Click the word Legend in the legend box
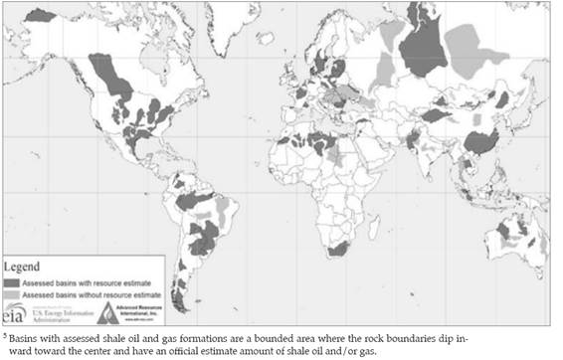pyautogui.click(x=25, y=268)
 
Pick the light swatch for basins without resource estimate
pyautogui.click(x=14, y=295)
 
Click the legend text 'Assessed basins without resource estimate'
pyautogui.click(x=74, y=295)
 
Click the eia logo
pyautogui.click(x=13, y=314)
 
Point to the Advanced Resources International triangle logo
pyautogui.click(x=108, y=313)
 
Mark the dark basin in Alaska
pyautogui.click(x=41, y=15)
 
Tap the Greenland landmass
pyautogui.click(x=224, y=25)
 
